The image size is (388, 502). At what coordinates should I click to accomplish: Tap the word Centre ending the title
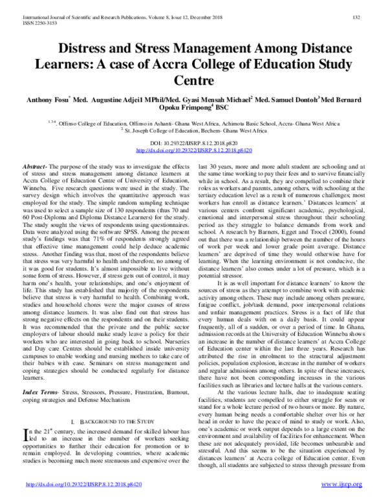[193, 81]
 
